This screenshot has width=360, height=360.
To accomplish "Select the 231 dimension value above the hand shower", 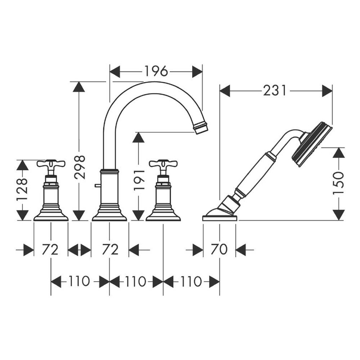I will (x=275, y=91).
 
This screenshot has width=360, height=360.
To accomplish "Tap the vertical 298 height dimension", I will (x=80, y=167).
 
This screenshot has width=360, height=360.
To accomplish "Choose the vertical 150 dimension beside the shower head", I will (x=338, y=183).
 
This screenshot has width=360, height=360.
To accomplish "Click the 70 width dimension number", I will (x=219, y=250).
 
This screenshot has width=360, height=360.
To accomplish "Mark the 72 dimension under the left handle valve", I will (x=50, y=250).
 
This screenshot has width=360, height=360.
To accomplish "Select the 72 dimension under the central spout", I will (x=110, y=250).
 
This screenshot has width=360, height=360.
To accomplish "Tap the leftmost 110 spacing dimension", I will (x=80, y=281).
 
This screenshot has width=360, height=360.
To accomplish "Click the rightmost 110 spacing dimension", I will (x=191, y=281).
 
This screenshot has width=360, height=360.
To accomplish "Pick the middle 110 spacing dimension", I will (x=136, y=281).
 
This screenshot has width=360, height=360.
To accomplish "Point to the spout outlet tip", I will (x=201, y=128).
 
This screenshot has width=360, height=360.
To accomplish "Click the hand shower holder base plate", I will (x=220, y=218).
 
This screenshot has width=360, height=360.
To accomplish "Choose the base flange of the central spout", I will (x=109, y=216).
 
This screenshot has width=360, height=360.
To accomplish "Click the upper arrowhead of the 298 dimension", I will (x=79, y=87).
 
